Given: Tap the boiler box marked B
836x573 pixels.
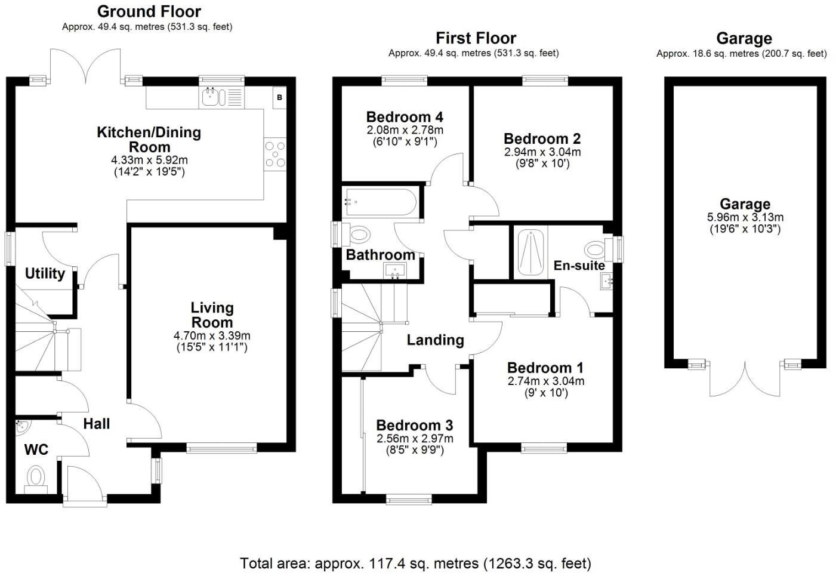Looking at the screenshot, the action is tap(279, 97).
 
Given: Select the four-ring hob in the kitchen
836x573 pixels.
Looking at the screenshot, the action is tap(275, 154).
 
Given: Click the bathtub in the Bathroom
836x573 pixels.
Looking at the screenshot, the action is tap(381, 202).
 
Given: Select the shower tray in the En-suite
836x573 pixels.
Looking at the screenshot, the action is tap(530, 252).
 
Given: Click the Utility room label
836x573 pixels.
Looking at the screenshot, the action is tap(45, 273).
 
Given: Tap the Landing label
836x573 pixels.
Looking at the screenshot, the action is tap(435, 340).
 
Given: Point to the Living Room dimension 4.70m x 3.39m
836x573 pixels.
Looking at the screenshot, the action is tap(212, 335).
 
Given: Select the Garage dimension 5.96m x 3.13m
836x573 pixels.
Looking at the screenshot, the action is tap(745, 217).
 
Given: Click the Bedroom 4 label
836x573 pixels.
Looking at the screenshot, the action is tap(405, 117).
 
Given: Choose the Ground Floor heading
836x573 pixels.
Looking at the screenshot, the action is tap(149, 11).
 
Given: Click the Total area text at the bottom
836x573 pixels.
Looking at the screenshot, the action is tap(415, 563).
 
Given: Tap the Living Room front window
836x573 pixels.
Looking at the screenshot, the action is tap(222, 448).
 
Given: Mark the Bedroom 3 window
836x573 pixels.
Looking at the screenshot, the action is tap(409, 499).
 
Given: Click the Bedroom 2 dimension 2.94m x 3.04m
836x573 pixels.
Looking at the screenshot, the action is tap(542, 152).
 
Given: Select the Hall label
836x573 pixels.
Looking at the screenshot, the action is tap(97, 424).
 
